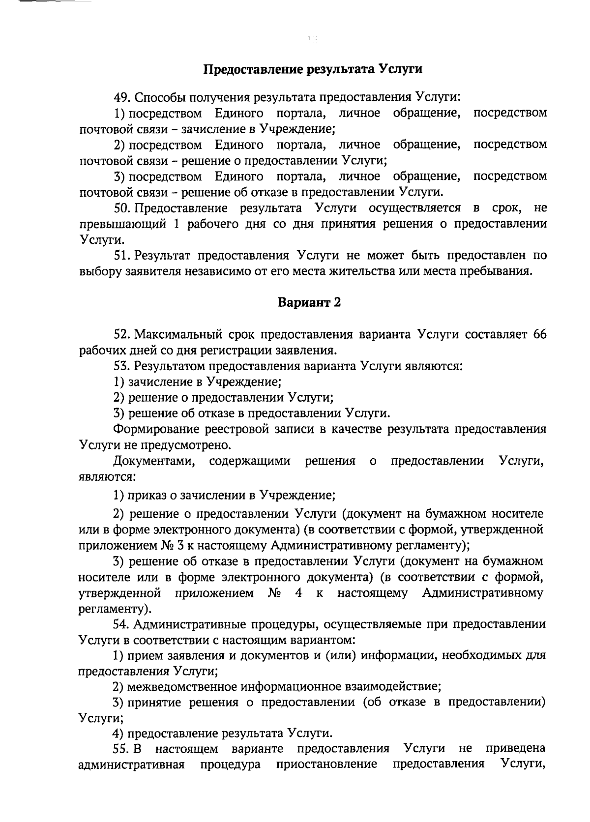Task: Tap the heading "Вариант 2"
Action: pyautogui.click(x=309, y=302)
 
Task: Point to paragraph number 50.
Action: pyautogui.click(x=122, y=208)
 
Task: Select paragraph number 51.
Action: pyautogui.click(x=121, y=255)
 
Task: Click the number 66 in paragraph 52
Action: pyautogui.click(x=539, y=334)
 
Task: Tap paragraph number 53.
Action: pyautogui.click(x=121, y=366)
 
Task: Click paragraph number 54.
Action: pyautogui.click(x=121, y=624)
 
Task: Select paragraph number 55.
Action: pyautogui.click(x=122, y=749)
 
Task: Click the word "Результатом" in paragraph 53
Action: pyautogui.click(x=170, y=366)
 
